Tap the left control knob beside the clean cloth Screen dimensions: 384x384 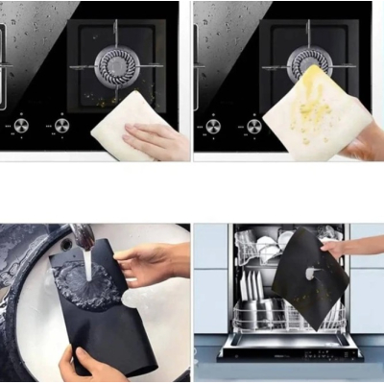[21, 124]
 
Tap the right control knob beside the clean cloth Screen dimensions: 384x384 [61, 124]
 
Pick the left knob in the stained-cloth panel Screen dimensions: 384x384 [213, 125]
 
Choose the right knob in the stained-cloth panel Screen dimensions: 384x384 [253, 125]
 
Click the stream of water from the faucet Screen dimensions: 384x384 [87, 265]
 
